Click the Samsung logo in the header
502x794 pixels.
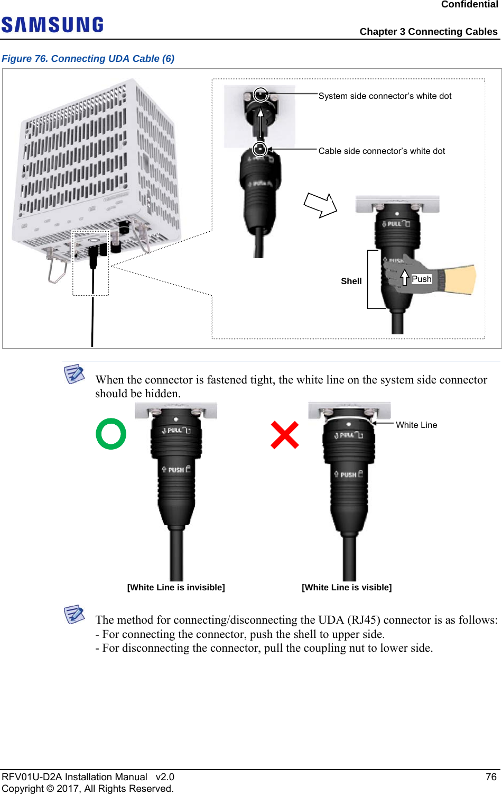[52, 25]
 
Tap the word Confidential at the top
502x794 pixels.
[469, 5]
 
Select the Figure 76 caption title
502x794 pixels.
[88, 58]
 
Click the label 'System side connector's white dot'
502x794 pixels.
[385, 96]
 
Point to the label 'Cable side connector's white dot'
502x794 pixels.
[382, 151]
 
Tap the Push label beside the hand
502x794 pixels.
[421, 279]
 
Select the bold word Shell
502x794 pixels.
[351, 281]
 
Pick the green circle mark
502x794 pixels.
[111, 434]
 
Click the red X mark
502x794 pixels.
[285, 435]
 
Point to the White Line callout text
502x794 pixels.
[416, 425]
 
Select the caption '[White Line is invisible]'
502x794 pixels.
[176, 587]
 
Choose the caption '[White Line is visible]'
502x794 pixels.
[347, 587]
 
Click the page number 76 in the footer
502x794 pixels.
[491, 777]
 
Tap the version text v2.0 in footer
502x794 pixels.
[165, 777]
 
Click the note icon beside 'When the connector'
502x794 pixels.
[74, 373]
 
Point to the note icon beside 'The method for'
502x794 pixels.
[74, 614]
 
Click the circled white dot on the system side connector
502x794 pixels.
[261, 95]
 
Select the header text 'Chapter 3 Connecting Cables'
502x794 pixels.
[429, 32]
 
